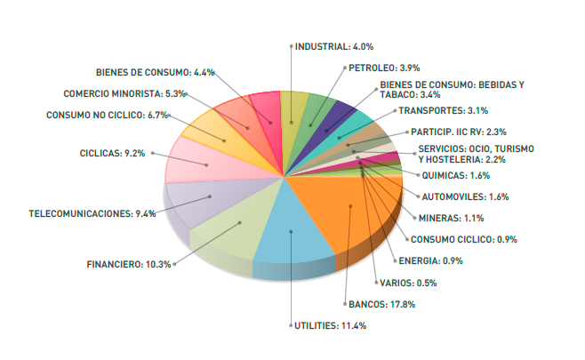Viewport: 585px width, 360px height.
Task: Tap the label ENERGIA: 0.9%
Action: click(431, 260)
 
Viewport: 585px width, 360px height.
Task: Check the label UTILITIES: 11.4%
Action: click(330, 326)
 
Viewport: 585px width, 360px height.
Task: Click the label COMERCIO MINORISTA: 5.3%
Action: click(124, 93)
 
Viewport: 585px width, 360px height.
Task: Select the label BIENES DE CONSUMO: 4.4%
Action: click(156, 72)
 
